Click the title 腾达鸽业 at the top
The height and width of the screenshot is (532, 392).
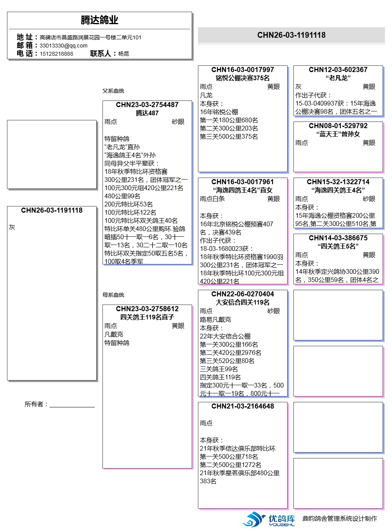(x=99, y=20)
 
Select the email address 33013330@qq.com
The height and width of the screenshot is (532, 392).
(x=64, y=46)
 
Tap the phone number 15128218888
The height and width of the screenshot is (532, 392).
(x=56, y=54)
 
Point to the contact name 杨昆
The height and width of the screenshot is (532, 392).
(x=124, y=54)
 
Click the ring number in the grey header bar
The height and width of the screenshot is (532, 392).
(x=291, y=35)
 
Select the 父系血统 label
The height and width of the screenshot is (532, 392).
(x=113, y=91)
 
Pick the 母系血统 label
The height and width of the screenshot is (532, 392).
(x=113, y=295)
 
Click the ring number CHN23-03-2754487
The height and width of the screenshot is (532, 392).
(x=147, y=105)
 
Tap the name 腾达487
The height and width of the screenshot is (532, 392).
(x=147, y=113)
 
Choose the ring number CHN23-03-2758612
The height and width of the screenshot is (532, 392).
(x=147, y=309)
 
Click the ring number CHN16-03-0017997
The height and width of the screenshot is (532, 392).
(x=243, y=70)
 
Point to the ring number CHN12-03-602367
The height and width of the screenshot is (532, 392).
(x=338, y=70)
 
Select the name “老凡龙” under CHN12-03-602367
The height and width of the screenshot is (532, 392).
(x=338, y=78)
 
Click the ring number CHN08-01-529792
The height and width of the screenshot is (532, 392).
(x=338, y=126)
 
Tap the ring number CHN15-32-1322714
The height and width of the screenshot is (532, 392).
(x=338, y=182)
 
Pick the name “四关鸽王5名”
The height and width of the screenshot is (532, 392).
(x=338, y=246)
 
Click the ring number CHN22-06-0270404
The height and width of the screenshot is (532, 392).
(x=243, y=294)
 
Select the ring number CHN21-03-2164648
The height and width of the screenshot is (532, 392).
(x=243, y=406)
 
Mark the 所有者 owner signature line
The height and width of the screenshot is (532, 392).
(x=72, y=406)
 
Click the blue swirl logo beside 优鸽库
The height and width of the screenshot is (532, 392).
(x=254, y=519)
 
